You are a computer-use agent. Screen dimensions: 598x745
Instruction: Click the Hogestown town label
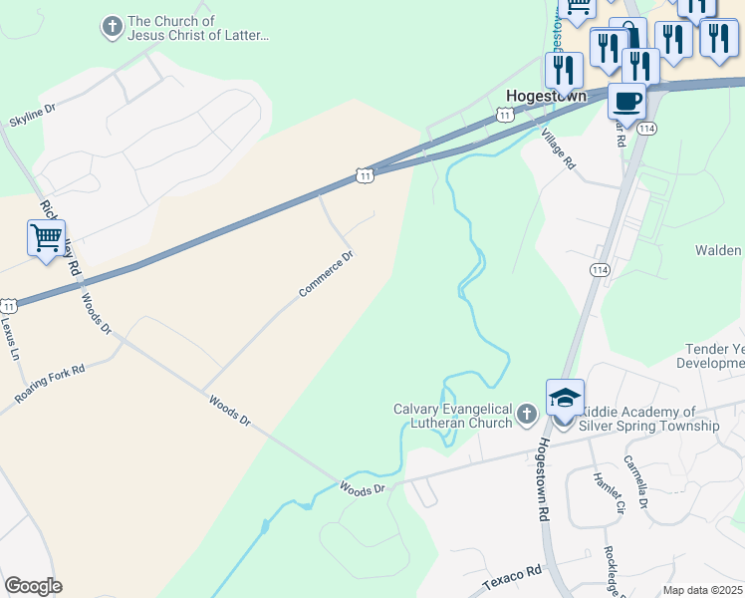point(546,97)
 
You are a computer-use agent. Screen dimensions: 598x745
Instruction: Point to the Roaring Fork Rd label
point(50,384)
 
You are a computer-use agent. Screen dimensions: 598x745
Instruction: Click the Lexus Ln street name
point(11,338)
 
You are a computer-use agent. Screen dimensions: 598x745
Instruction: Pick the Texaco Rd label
point(512,575)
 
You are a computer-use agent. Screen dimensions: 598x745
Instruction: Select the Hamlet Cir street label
point(607,493)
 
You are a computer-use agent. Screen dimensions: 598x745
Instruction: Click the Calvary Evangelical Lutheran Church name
point(452,416)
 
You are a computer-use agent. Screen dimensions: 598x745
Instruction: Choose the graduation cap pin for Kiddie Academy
point(565,398)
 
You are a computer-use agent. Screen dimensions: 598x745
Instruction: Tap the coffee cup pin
point(626,101)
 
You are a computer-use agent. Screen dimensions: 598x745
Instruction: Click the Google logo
point(33,586)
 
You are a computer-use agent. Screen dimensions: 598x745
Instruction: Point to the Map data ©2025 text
point(703,590)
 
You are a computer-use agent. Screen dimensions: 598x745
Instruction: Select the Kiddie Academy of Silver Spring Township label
point(650,419)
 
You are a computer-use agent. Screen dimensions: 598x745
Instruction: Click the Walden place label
point(720,250)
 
